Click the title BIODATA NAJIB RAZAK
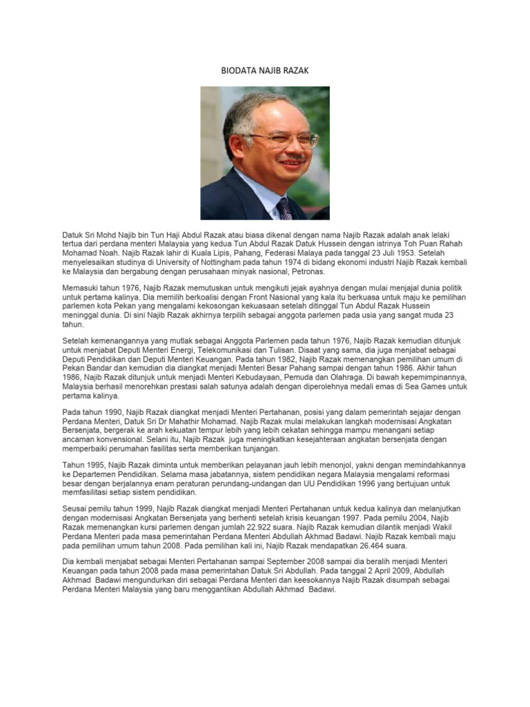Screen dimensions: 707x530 (264, 70)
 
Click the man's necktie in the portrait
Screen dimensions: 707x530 (284, 208)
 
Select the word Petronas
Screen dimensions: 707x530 (291, 272)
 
